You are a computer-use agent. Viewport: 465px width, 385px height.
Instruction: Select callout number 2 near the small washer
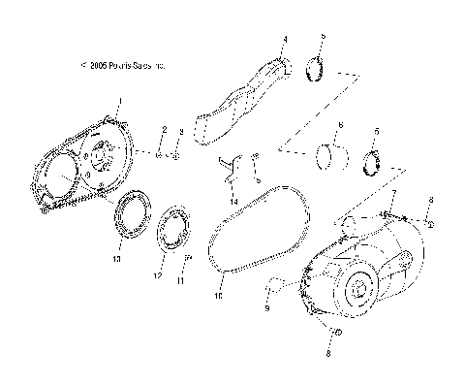click(180, 131)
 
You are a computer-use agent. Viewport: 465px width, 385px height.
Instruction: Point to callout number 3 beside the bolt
click(284, 40)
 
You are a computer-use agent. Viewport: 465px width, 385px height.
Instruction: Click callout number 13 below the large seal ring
click(117, 260)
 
